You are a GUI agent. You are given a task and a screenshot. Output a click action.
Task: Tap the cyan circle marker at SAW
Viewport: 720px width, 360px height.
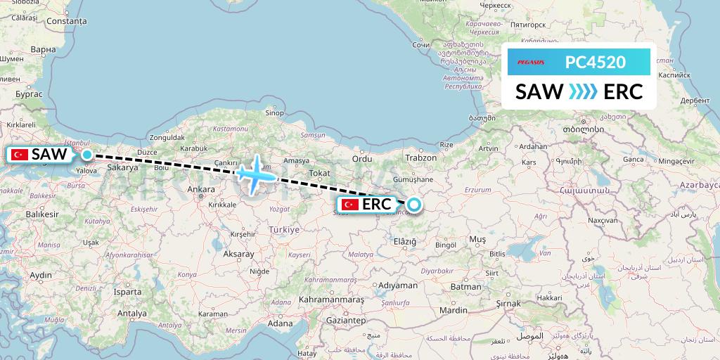(x=86, y=155)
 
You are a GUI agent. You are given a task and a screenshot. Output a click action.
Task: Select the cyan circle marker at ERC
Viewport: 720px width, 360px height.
(x=414, y=205)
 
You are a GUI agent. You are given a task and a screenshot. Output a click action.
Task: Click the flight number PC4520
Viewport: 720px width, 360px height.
(x=595, y=63)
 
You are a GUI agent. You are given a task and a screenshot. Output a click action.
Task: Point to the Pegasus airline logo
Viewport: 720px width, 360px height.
(x=531, y=63)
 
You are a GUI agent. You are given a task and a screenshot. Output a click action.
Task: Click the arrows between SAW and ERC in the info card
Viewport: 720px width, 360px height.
(x=584, y=92)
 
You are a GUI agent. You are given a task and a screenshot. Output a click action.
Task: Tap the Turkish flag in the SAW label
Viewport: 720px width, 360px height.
(x=20, y=155)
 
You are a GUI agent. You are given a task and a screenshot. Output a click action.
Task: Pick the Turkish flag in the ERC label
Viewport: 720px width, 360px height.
(x=350, y=205)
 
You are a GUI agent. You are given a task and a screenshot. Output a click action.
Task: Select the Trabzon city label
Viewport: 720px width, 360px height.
(x=421, y=157)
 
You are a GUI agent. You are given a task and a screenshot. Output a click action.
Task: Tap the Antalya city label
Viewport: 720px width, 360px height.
(x=132, y=313)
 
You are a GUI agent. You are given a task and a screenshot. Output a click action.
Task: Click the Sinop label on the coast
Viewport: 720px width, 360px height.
(x=274, y=112)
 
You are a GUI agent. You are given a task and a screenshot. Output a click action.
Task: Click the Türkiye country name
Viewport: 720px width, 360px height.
(x=283, y=229)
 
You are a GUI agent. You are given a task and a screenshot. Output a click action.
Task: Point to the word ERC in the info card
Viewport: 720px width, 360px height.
(x=623, y=92)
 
